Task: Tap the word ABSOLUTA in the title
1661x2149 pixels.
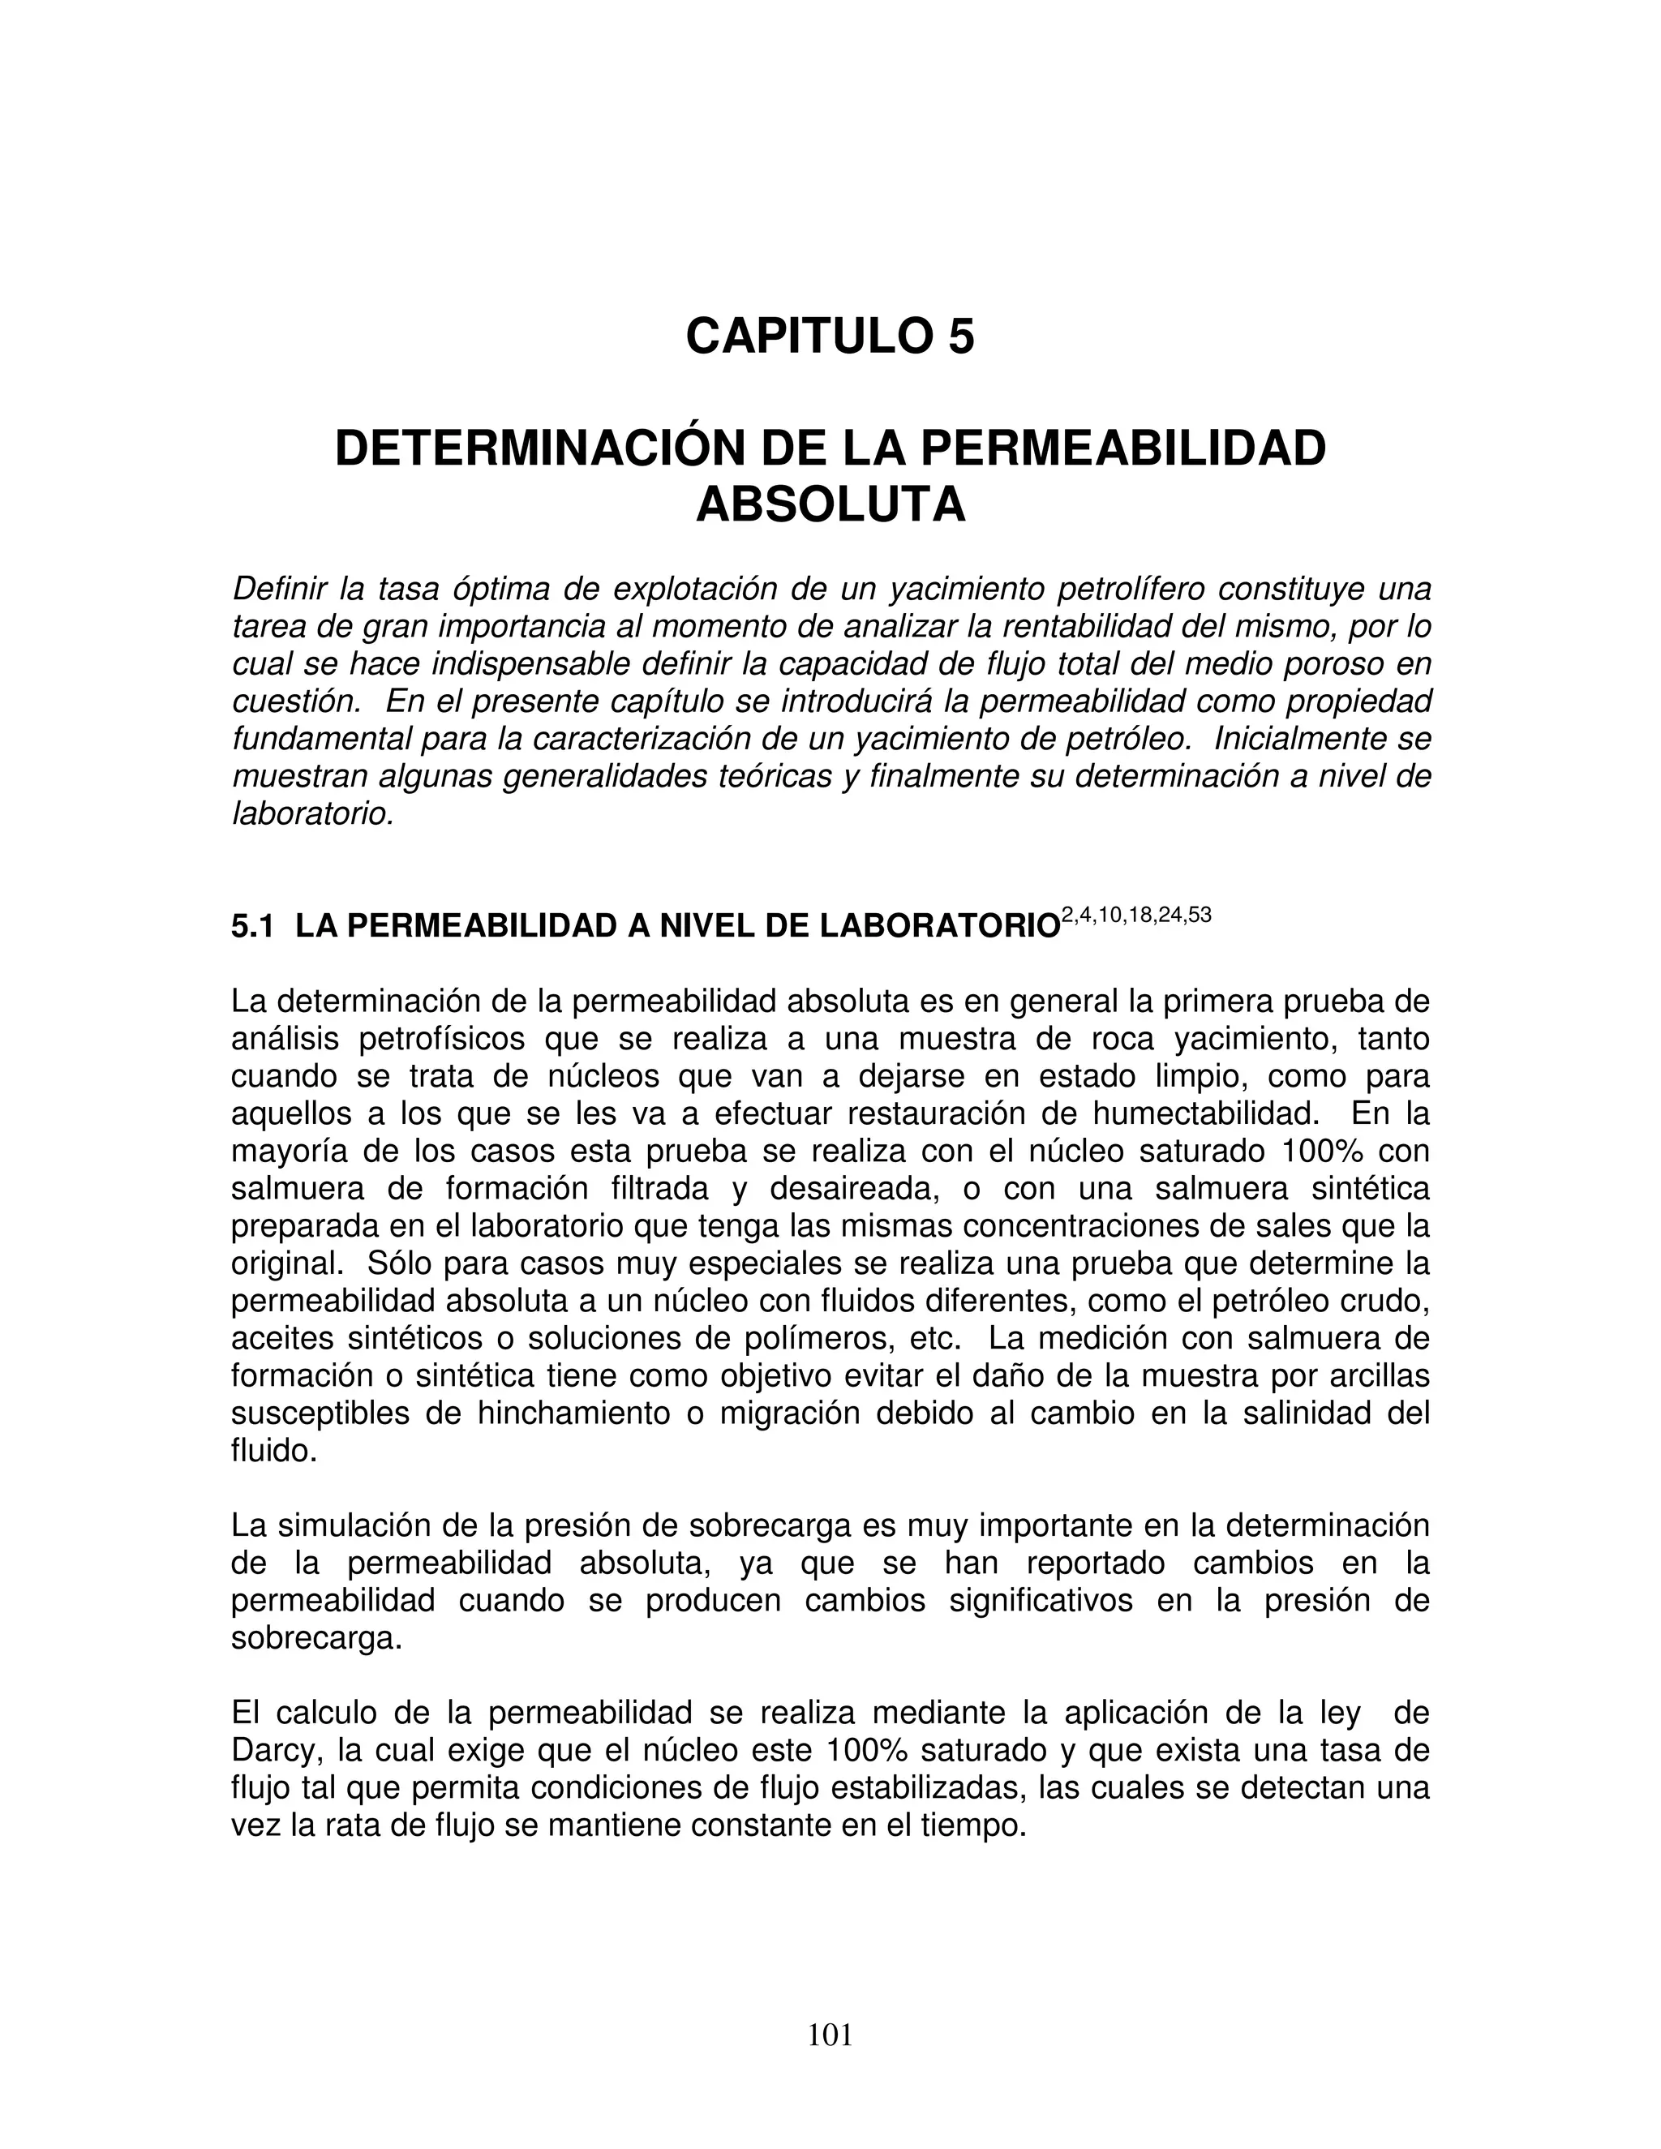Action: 830,506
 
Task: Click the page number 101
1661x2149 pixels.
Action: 830,2035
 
